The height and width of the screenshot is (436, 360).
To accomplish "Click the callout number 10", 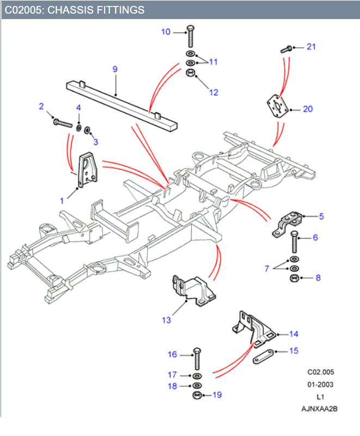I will (x=166, y=32).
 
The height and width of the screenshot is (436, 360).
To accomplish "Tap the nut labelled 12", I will (x=191, y=73).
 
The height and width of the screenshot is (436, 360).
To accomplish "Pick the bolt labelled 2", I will (x=63, y=123).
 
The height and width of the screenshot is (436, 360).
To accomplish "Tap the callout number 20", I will (x=308, y=109).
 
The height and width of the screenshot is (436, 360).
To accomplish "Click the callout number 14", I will (x=294, y=334).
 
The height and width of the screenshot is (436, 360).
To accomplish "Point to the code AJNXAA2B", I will (x=320, y=408).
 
